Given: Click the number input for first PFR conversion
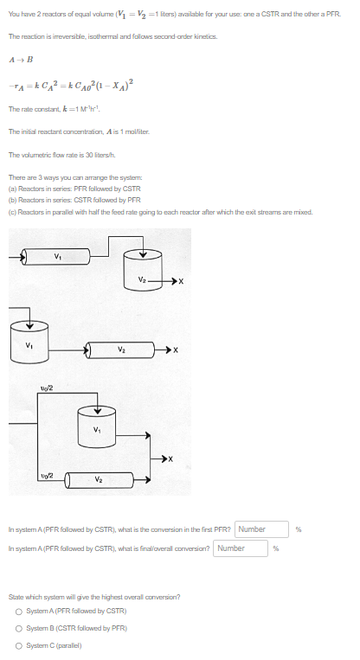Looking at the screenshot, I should coord(263,529).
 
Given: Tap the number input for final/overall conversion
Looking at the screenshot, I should coord(242,548).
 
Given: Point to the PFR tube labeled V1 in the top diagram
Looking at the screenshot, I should coord(58,256).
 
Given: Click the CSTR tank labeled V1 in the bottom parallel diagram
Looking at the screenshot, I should coord(97,430).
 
